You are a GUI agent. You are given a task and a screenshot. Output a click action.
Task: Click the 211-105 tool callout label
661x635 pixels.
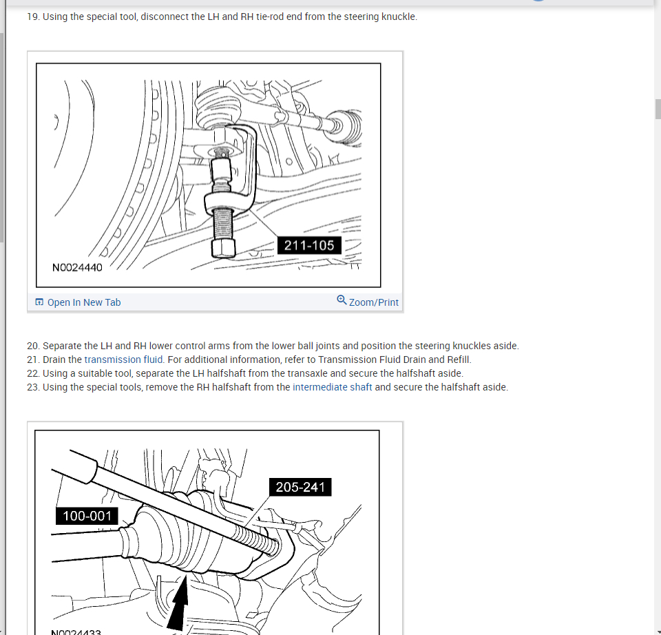tap(309, 245)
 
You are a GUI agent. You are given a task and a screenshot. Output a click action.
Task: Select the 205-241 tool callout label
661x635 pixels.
tap(300, 487)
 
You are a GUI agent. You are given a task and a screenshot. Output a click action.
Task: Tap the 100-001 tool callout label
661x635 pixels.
tap(87, 516)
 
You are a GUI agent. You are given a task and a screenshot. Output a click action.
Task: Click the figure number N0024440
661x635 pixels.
tap(77, 267)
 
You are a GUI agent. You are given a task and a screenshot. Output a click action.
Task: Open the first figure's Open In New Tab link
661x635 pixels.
tap(84, 302)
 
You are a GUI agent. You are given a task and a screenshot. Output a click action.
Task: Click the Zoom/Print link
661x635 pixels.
tap(373, 302)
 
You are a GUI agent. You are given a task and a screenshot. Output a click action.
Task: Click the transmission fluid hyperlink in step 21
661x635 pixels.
tap(123, 360)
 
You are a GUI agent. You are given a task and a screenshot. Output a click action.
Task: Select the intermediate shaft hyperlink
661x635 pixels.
tap(332, 386)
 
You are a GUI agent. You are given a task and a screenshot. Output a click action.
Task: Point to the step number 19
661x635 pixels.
tap(33, 17)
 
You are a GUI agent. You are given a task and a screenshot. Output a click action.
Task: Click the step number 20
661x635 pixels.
tap(33, 346)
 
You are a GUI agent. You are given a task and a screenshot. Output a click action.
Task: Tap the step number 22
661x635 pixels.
tap(33, 373)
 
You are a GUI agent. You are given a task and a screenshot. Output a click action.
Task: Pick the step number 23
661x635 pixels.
tap(33, 386)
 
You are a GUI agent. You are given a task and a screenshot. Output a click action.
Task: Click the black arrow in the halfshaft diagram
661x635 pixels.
tap(179, 603)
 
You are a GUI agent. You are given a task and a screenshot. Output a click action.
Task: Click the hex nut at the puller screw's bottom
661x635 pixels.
tap(223, 248)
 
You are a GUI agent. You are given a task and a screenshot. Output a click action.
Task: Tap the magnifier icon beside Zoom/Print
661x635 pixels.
tap(342, 300)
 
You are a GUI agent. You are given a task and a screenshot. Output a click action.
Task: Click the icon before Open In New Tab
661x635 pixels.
tap(39, 302)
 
